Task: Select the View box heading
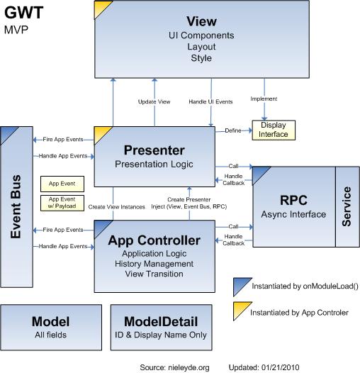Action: (201, 21)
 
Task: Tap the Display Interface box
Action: (274, 130)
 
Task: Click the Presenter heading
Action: (154, 150)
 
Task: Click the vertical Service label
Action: (347, 206)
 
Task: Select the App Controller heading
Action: (154, 240)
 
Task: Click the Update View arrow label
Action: (154, 101)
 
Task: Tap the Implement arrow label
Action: (264, 99)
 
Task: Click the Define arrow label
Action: (232, 130)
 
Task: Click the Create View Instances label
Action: (118, 206)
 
